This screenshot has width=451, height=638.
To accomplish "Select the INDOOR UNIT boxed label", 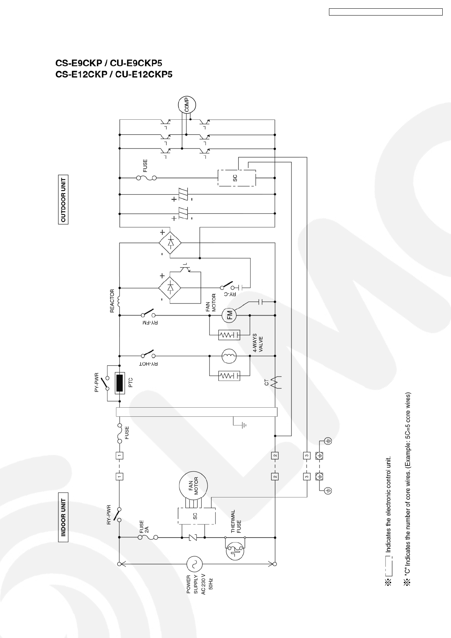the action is (63, 518).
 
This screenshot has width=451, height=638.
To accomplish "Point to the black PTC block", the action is (120, 383).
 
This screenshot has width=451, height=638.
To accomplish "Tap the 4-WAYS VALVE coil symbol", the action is (229, 356).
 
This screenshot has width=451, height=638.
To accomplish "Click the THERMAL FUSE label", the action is (236, 521).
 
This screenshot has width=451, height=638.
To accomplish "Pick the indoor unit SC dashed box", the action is (197, 516).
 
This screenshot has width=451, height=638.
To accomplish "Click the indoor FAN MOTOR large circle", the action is (194, 486).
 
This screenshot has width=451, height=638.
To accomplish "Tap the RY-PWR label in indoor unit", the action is (109, 514).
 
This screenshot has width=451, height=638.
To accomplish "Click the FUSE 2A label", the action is (144, 527).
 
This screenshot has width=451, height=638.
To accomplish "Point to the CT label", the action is (267, 383).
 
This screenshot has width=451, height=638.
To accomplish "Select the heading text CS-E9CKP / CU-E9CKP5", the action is (109, 63).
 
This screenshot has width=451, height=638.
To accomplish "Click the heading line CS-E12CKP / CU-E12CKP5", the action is (114, 75).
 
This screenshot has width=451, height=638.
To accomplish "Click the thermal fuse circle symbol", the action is (235, 552).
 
